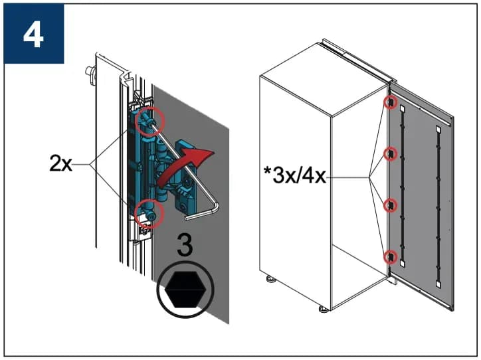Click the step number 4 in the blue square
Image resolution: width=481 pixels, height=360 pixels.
[x=33, y=36]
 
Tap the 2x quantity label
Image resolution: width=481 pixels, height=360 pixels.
[x=60, y=163]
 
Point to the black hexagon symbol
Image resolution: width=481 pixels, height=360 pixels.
[x=185, y=290]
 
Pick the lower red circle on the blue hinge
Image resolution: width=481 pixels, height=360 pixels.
[x=149, y=214]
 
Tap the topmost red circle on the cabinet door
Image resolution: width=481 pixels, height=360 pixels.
[x=390, y=102]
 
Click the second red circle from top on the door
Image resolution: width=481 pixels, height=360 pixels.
[x=390, y=153]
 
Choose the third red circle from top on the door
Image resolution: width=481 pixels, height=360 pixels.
[x=390, y=205]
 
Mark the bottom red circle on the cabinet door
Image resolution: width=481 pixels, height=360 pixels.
[x=390, y=257]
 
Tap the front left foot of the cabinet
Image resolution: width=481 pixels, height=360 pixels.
[x=271, y=279]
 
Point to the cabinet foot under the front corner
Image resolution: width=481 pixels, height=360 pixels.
[x=324, y=308]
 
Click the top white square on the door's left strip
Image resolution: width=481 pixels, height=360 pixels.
[x=402, y=108]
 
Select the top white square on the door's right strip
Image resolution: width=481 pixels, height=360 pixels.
[x=438, y=129]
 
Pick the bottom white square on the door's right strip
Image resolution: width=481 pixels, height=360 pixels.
[x=438, y=284]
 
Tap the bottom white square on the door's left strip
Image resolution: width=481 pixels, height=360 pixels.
[x=402, y=264]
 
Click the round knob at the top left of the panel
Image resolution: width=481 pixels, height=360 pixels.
[x=90, y=71]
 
